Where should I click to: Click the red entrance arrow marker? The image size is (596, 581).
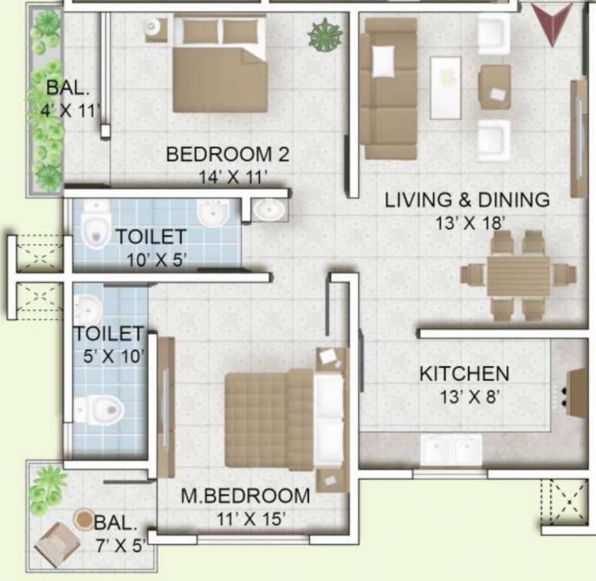[x=551, y=23]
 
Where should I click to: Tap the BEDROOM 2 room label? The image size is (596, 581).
[x=227, y=155]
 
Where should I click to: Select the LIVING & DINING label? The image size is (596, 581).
[x=467, y=200]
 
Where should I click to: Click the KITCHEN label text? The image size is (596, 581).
[x=464, y=374]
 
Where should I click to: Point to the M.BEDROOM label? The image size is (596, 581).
[x=245, y=496]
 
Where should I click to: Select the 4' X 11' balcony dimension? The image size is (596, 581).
[x=70, y=110]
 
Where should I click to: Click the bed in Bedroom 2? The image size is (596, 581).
[x=220, y=64]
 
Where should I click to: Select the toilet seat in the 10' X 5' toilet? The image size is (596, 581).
[x=94, y=227]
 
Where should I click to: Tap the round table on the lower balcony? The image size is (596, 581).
[x=84, y=518]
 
